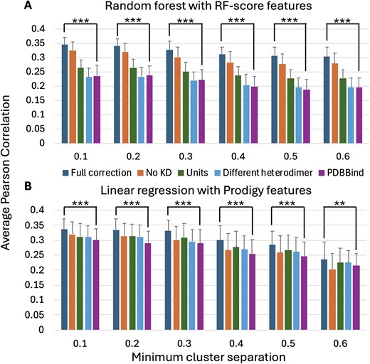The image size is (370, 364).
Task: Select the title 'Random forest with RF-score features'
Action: click(198, 8)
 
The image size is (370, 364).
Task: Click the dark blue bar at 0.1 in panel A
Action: click(65, 94)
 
